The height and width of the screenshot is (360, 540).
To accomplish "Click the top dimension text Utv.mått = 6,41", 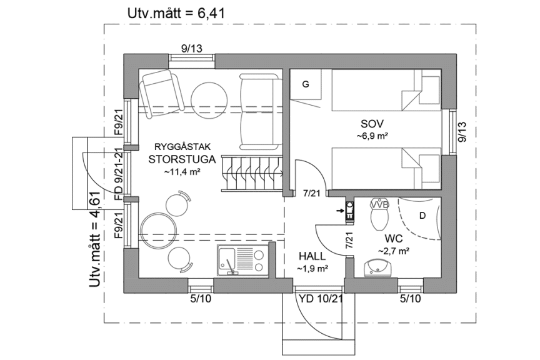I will tap(176, 12).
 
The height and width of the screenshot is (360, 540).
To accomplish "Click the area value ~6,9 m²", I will tap(373, 135).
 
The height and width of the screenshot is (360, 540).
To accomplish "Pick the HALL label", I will tap(312, 256).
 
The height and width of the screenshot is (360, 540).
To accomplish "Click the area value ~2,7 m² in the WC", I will tap(393, 251).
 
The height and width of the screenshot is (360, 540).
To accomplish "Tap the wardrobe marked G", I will tap(306, 84).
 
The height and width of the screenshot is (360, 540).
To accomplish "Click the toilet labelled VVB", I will tap(379, 216).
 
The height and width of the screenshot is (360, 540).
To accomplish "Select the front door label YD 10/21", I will tap(320, 299).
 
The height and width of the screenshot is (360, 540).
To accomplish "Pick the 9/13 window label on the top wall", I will tap(191, 47).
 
